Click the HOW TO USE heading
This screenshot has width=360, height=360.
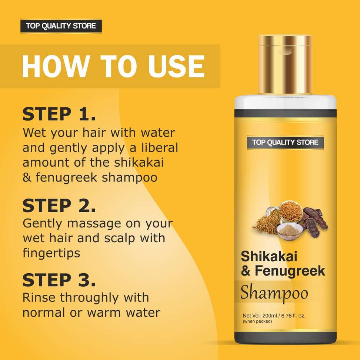coord(113,66)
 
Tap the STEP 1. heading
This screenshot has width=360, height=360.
coord(59,114)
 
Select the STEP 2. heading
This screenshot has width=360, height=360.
coord(59,206)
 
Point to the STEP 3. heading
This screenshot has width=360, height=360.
coord(59,280)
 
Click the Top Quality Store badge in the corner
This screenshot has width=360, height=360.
coord(61,26)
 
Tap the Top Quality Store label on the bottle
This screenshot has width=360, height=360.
coord(286,143)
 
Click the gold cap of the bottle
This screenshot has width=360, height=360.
coord(285,64)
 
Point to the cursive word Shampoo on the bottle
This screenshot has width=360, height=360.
coord(274,293)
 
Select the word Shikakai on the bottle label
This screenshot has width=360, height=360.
coord(269,256)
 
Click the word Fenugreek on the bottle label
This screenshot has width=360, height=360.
coord(290,271)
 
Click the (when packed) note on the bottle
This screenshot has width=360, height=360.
coord(257,321)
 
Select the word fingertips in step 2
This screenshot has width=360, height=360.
coord(51,253)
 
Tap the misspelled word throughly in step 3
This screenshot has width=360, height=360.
coord(90,298)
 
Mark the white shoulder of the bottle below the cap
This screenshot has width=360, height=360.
coord(286,103)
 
